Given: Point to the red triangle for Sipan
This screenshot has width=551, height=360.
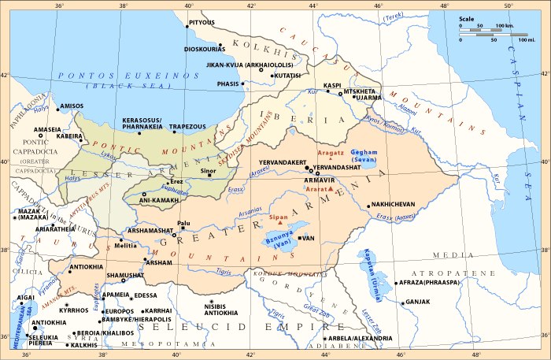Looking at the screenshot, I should coord(281,221).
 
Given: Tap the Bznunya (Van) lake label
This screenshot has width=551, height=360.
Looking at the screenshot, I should coord(277,241).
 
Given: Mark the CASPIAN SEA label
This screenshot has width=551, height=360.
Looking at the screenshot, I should coord(523,79).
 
